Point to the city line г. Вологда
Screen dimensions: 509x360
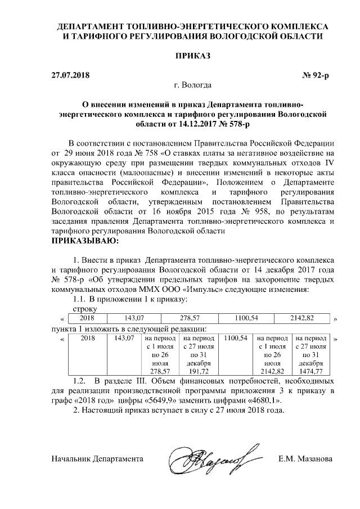[193, 85]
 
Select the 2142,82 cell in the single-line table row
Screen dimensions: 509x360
[301, 318]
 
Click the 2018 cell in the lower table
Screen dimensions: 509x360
[88, 338]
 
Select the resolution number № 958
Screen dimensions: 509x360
[241, 211]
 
